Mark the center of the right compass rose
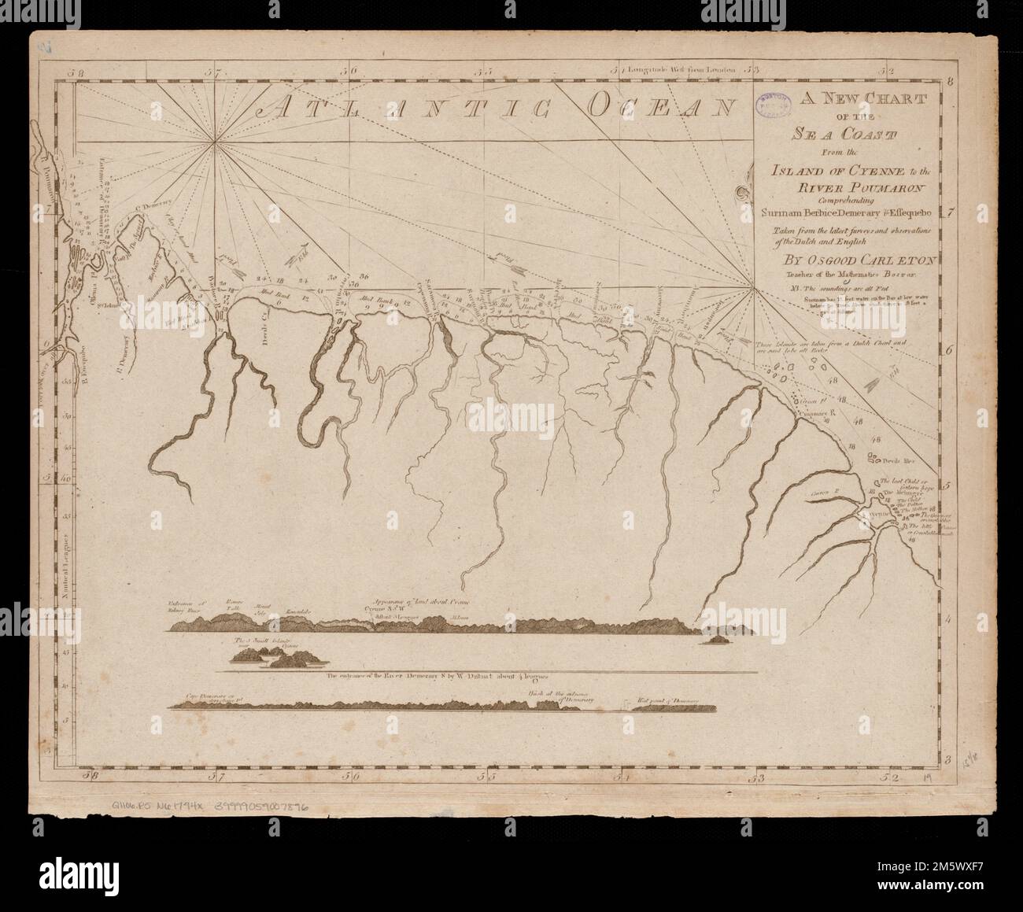pyautogui.click(x=754, y=290)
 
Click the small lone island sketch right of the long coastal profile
pyautogui.click(x=718, y=641)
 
